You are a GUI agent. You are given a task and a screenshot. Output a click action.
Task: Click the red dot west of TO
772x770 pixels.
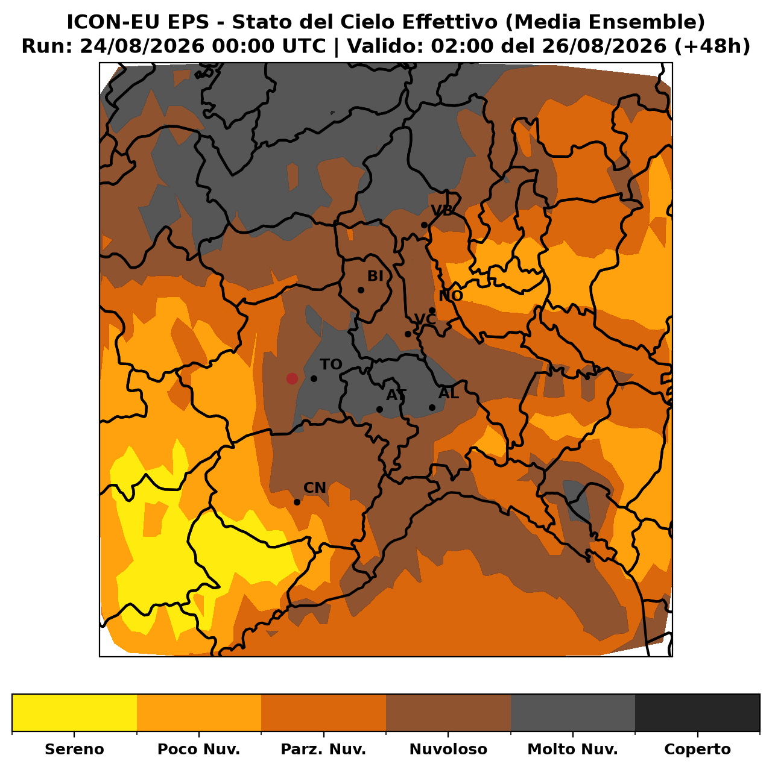tap(292, 378)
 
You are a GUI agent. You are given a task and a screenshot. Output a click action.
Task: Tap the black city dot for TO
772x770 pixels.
tap(314, 378)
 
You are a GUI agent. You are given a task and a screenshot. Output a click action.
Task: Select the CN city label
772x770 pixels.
tap(314, 487)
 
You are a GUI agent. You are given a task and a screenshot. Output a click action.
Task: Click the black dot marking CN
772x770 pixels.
tap(297, 502)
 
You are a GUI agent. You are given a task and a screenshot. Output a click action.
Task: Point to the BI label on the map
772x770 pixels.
tap(375, 276)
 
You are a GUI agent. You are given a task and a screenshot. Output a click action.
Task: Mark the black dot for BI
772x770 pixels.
tap(361, 290)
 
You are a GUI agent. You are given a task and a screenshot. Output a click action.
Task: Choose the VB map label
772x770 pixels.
tap(441, 210)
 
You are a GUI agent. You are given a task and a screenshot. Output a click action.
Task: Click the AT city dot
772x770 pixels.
tap(379, 409)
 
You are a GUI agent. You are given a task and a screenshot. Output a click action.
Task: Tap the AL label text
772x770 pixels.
tap(448, 393)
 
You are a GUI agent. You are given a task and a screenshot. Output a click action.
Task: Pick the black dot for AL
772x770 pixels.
tap(432, 407)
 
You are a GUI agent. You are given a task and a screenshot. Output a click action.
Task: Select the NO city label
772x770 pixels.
tap(451, 296)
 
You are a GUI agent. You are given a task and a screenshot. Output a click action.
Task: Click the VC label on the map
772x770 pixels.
tap(425, 319)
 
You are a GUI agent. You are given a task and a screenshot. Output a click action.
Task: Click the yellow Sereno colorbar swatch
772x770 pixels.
tap(75, 713)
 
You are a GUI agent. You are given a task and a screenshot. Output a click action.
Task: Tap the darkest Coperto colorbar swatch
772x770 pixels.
tap(697, 713)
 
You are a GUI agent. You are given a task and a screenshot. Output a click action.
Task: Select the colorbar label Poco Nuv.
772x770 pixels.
tap(198, 749)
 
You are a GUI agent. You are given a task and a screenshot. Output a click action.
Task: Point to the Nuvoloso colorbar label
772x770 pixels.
tap(448, 749)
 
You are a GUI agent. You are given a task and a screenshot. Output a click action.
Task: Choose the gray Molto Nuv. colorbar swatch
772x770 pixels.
tap(573, 713)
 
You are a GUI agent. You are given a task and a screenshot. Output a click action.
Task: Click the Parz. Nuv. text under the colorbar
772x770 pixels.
tap(323, 749)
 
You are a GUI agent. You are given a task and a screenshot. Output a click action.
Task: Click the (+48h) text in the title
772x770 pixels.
tap(712, 46)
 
